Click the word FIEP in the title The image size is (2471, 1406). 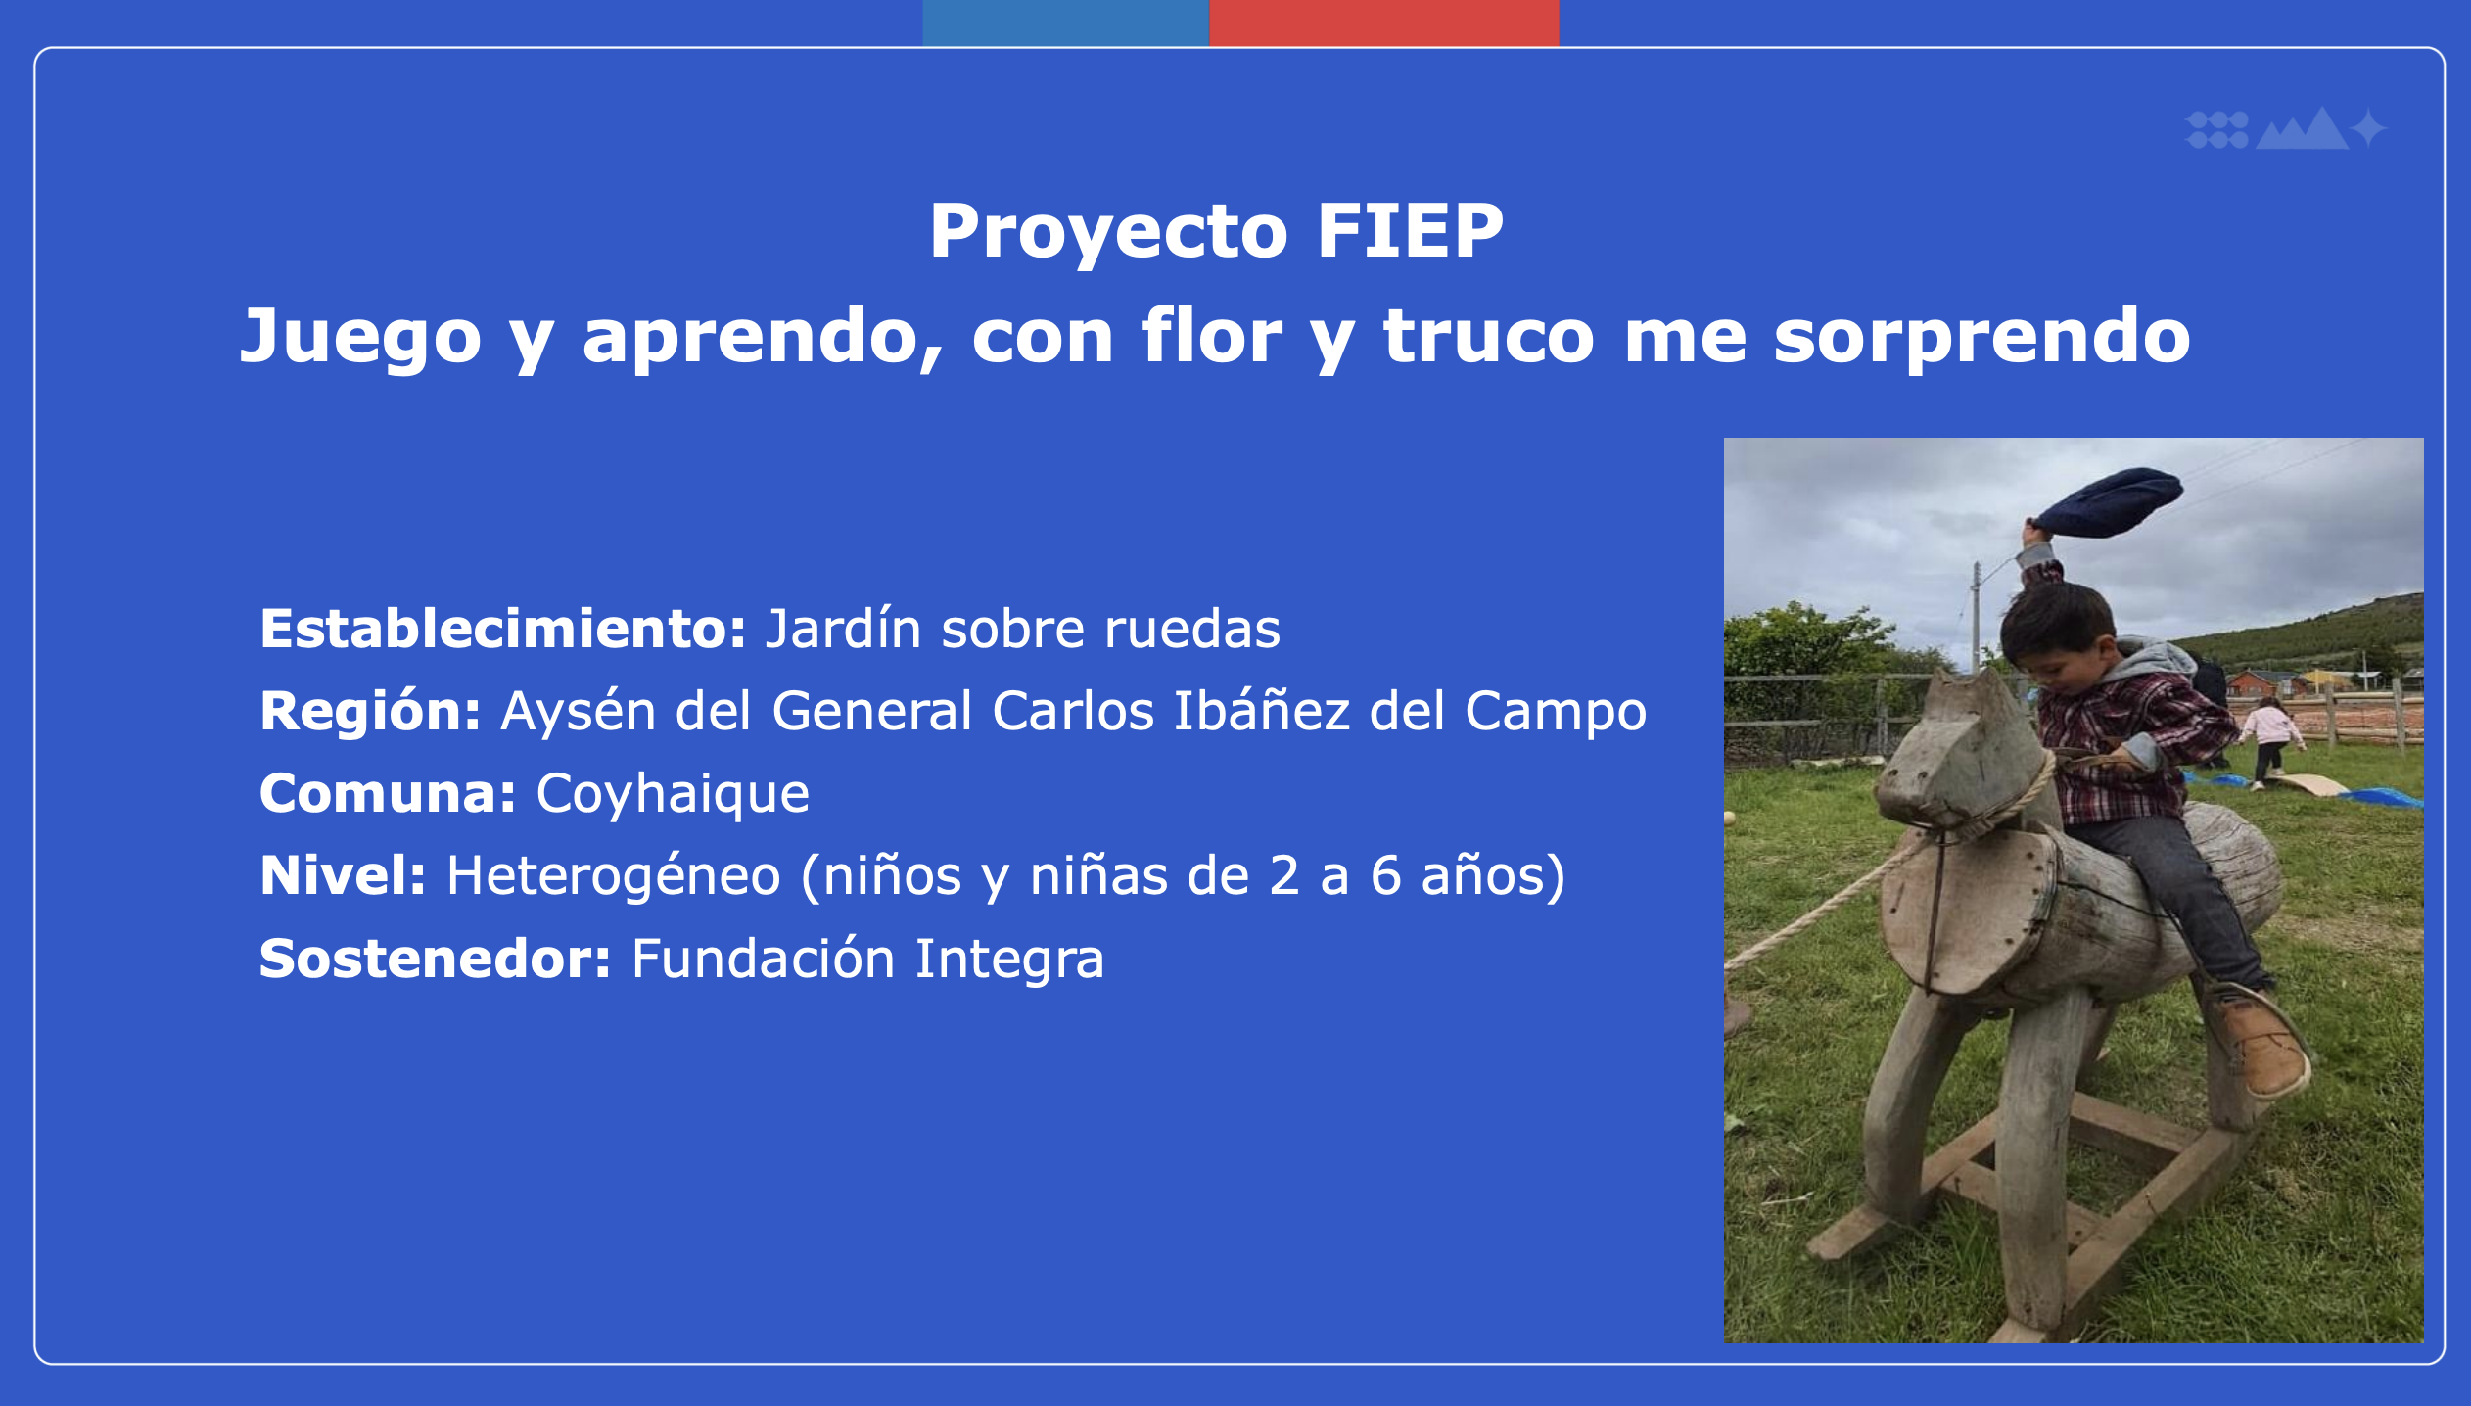click(x=1410, y=231)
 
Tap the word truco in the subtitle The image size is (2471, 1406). click(x=1489, y=336)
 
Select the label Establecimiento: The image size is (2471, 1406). click(x=503, y=629)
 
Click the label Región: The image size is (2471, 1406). click(x=370, y=712)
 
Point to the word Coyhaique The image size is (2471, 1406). click(x=673, y=794)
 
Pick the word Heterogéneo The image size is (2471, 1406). click(x=614, y=875)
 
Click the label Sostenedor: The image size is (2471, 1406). click(x=435, y=959)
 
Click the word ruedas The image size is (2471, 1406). click(x=1192, y=629)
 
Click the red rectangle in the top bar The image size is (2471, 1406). click(x=1384, y=23)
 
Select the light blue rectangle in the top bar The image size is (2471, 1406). click(x=1066, y=23)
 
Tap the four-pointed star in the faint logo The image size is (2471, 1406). click(x=2368, y=128)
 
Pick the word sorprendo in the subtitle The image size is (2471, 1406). click(x=1982, y=336)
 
